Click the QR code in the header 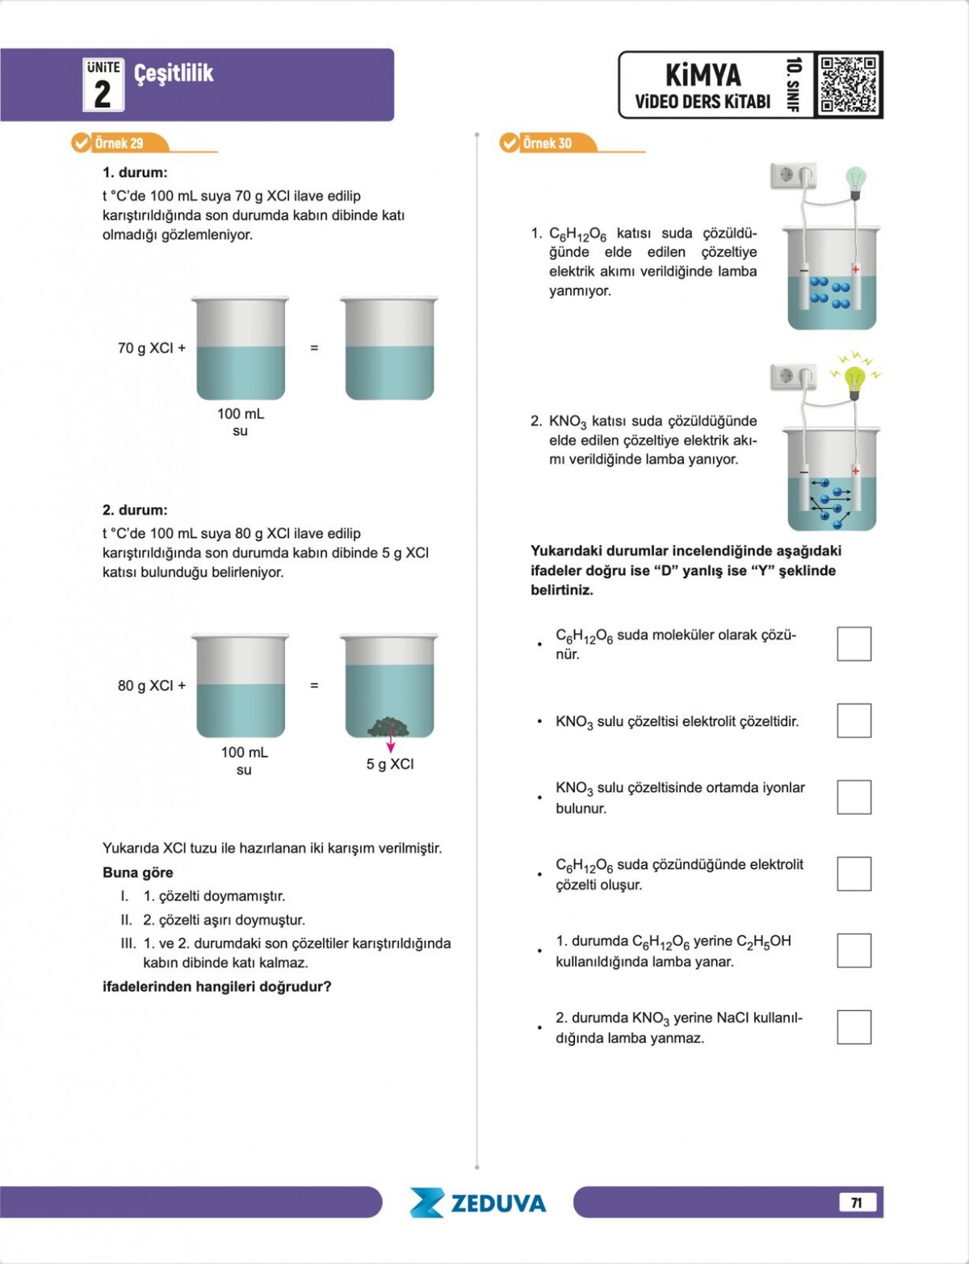click(x=848, y=85)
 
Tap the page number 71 click(x=856, y=1203)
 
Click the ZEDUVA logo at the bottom click(x=478, y=1203)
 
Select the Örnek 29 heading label click(x=119, y=143)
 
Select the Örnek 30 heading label click(x=547, y=143)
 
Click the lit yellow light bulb click(x=854, y=379)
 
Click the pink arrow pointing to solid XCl click(x=391, y=741)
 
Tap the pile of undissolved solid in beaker click(x=388, y=726)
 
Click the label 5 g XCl click(x=390, y=764)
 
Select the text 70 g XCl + click(x=152, y=348)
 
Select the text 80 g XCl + click(x=152, y=686)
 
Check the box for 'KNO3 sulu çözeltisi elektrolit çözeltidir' click(x=854, y=720)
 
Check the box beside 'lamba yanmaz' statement click(x=854, y=1027)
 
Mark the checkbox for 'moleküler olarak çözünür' click(x=854, y=644)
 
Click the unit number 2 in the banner click(x=103, y=94)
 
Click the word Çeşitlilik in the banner click(x=174, y=73)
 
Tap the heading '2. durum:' click(x=135, y=510)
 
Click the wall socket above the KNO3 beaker click(x=793, y=376)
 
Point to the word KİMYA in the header click(x=703, y=75)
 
